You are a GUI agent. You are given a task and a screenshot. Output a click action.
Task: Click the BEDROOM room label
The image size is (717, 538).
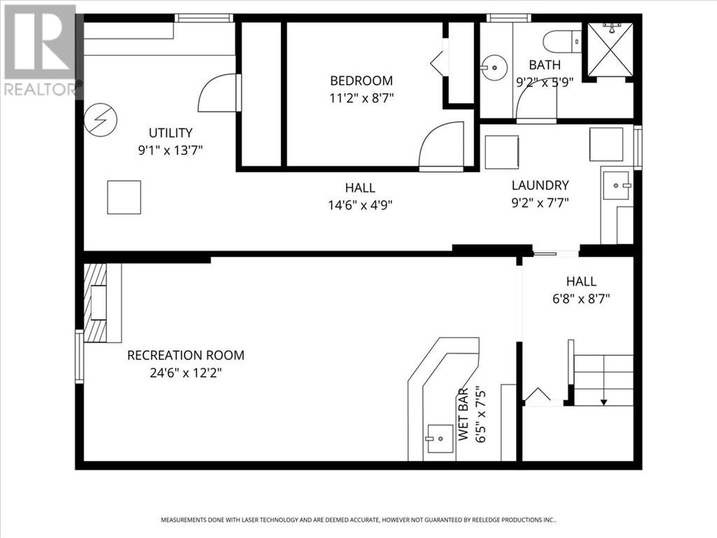[361, 81]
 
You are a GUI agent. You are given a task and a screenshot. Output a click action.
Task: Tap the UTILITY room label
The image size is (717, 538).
[170, 132]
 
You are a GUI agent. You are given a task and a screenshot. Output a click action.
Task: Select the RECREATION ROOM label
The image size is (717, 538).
[186, 356]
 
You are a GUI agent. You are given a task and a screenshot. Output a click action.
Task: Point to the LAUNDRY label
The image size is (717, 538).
[540, 186]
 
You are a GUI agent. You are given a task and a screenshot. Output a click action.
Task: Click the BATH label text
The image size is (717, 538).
[545, 65]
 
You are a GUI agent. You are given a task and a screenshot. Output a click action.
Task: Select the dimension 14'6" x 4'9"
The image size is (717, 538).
[360, 205]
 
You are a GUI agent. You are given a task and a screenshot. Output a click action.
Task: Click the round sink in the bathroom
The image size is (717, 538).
[494, 68]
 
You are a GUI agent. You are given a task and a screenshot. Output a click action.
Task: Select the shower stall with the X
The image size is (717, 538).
[610, 49]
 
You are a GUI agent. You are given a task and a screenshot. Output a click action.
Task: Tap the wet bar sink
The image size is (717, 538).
[439, 439]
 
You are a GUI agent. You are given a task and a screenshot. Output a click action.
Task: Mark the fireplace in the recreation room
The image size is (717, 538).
[97, 303]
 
